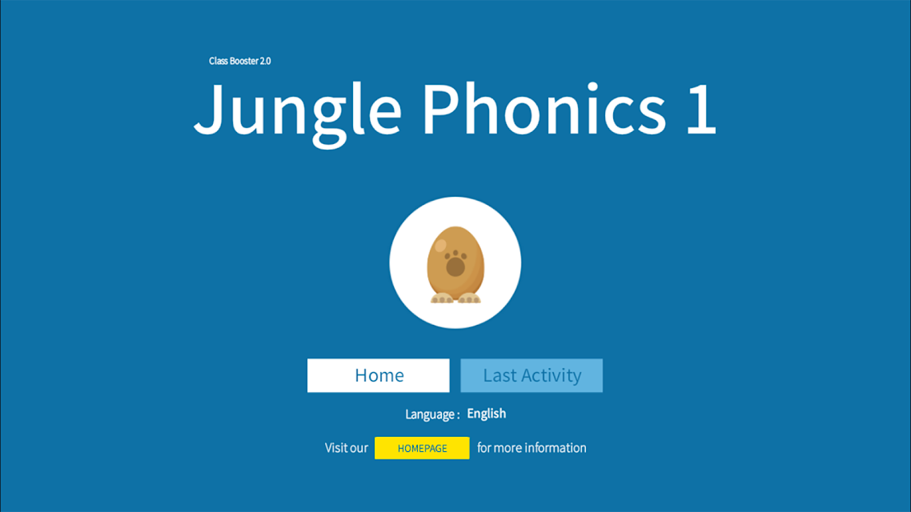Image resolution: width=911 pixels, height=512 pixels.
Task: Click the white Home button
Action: tap(378, 375)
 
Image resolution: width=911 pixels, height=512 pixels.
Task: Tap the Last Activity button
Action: tap(532, 375)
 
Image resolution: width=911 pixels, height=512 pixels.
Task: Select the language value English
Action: tap(486, 414)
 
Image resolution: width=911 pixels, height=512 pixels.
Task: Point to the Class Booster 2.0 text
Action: tap(240, 61)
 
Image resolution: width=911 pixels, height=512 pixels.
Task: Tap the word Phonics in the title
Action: tap(544, 108)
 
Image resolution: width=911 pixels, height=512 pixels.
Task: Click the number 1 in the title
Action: tap(701, 109)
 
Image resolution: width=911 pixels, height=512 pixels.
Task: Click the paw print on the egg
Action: tap(456, 263)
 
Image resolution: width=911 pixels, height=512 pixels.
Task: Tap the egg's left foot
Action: tap(442, 298)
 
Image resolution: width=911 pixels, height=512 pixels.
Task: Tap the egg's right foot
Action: tap(469, 298)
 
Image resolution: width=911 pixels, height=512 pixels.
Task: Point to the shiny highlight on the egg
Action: tap(440, 246)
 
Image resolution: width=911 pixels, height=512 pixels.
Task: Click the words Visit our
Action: tap(347, 448)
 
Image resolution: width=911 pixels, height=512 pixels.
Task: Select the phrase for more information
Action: tap(532, 448)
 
